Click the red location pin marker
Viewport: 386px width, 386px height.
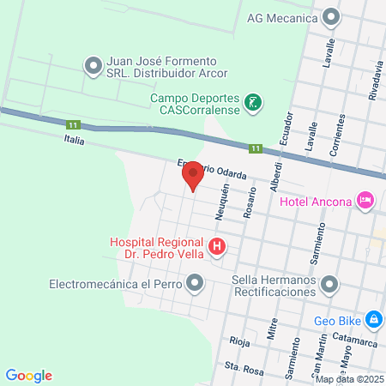pyautogui.click(x=193, y=175)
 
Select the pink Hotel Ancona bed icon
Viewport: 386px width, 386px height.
pyautogui.click(x=366, y=201)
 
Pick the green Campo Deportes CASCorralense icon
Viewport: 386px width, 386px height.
pyautogui.click(x=252, y=104)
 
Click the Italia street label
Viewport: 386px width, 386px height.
pyautogui.click(x=75, y=139)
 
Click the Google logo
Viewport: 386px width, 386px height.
pyautogui.click(x=28, y=375)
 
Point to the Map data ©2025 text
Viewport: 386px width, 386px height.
pyautogui.click(x=348, y=379)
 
